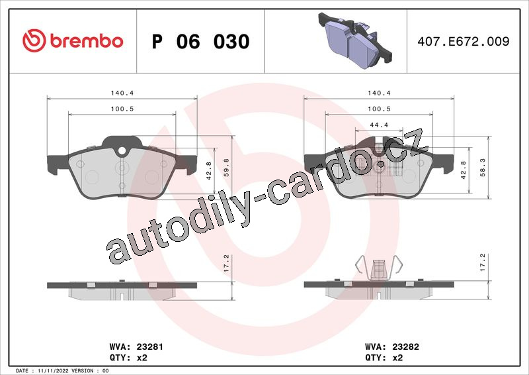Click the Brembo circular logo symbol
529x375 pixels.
pyautogui.click(x=34, y=40)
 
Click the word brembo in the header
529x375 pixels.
pyautogui.click(x=87, y=41)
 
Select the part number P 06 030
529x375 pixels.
pyautogui.click(x=201, y=41)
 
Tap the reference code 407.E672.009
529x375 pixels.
pyautogui.click(x=464, y=41)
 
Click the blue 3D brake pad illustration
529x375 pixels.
pyautogui.click(x=355, y=40)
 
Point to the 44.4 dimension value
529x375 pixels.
pyautogui.click(x=379, y=125)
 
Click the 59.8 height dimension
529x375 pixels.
pyautogui.click(x=226, y=168)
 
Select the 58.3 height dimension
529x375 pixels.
pyautogui.click(x=483, y=168)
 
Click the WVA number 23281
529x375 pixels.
pyautogui.click(x=149, y=347)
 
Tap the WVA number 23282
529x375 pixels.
pyautogui.click(x=405, y=347)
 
